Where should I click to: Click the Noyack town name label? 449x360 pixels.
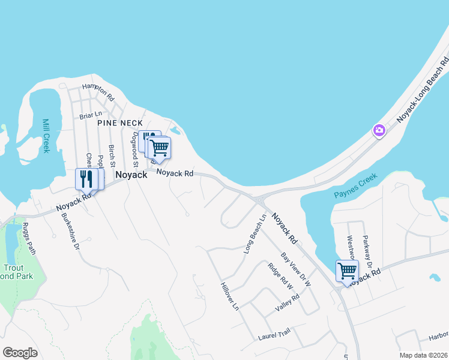pyautogui.click(x=131, y=175)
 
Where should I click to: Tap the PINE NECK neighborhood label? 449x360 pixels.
pyautogui.click(x=120, y=122)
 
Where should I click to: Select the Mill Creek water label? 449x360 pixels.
pyautogui.click(x=46, y=136)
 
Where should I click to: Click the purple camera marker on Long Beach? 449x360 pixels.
pyautogui.click(x=379, y=130)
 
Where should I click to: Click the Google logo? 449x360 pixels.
pyautogui.click(x=20, y=352)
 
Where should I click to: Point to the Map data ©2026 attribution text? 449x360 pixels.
pyautogui.click(x=423, y=355)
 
